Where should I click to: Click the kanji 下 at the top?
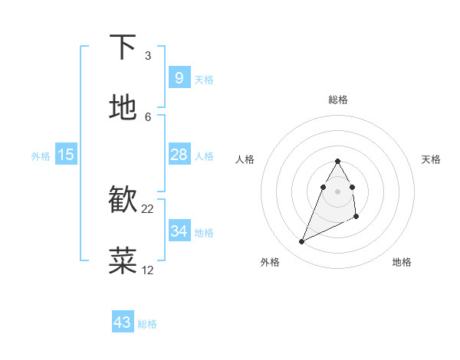123,47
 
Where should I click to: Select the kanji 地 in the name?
123,107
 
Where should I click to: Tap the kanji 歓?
123,199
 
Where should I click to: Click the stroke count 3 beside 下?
148,56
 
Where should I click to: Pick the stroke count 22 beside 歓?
148,208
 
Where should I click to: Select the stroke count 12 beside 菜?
148,270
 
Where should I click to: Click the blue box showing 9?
179,77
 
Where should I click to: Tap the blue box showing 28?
179,155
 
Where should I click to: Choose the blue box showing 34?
179,231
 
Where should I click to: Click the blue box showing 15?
66,155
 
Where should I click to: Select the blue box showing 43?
123,322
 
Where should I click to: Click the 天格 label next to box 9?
204,80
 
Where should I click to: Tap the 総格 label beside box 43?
147,325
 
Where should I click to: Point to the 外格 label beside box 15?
41,156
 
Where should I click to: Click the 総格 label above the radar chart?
338,100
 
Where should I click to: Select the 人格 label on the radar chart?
245,159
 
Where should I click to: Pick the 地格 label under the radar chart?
402,262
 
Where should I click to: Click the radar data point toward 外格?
301,242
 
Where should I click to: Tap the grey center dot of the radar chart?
337,191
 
